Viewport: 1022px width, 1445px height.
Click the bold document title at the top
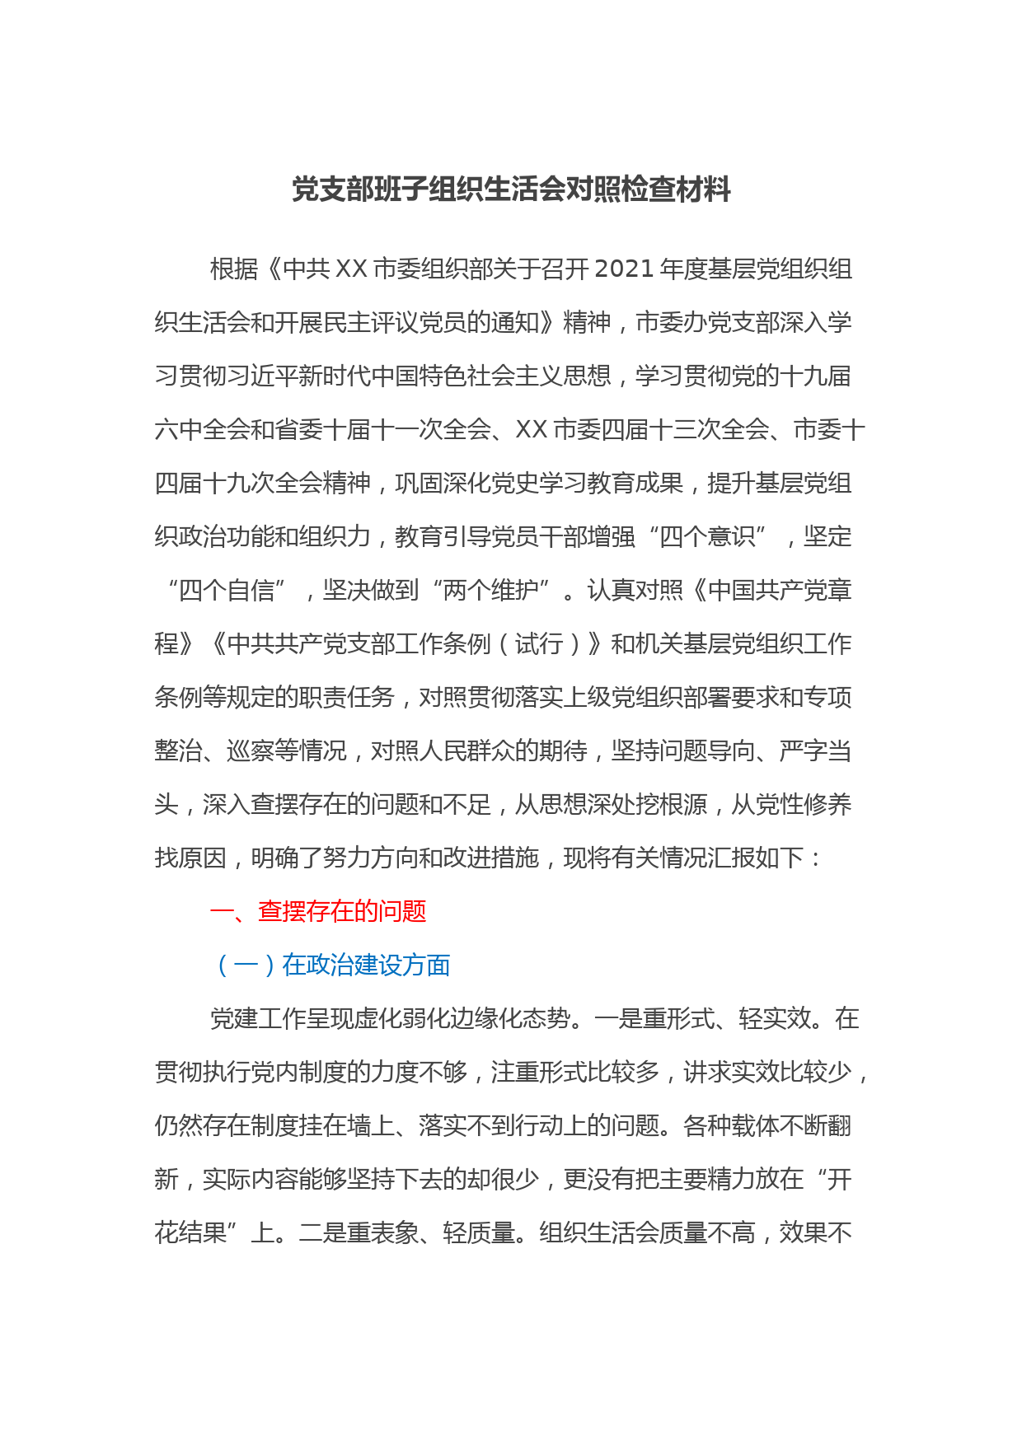click(x=511, y=190)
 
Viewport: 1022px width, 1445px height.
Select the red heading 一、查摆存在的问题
click(x=318, y=911)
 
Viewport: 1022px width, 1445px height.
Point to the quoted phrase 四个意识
click(x=707, y=537)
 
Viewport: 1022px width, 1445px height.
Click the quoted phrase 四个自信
click(x=226, y=591)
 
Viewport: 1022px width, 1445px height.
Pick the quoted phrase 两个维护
click(x=490, y=591)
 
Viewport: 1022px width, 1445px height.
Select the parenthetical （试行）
click(x=539, y=644)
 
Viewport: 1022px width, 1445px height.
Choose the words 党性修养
click(x=803, y=805)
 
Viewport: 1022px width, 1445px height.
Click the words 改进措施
click(x=491, y=858)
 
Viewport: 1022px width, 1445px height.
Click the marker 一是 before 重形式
click(x=618, y=1019)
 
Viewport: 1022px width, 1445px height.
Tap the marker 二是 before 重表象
click(x=322, y=1233)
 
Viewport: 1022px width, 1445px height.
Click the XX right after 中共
click(x=351, y=269)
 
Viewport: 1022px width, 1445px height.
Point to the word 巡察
click(x=250, y=751)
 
